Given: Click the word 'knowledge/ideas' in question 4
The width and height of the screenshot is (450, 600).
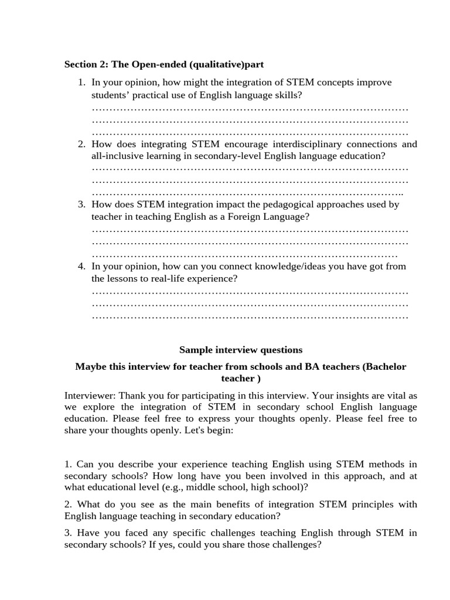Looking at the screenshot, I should coord(300,266).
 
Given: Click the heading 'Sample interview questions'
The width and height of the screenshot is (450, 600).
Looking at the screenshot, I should coord(241,350).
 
